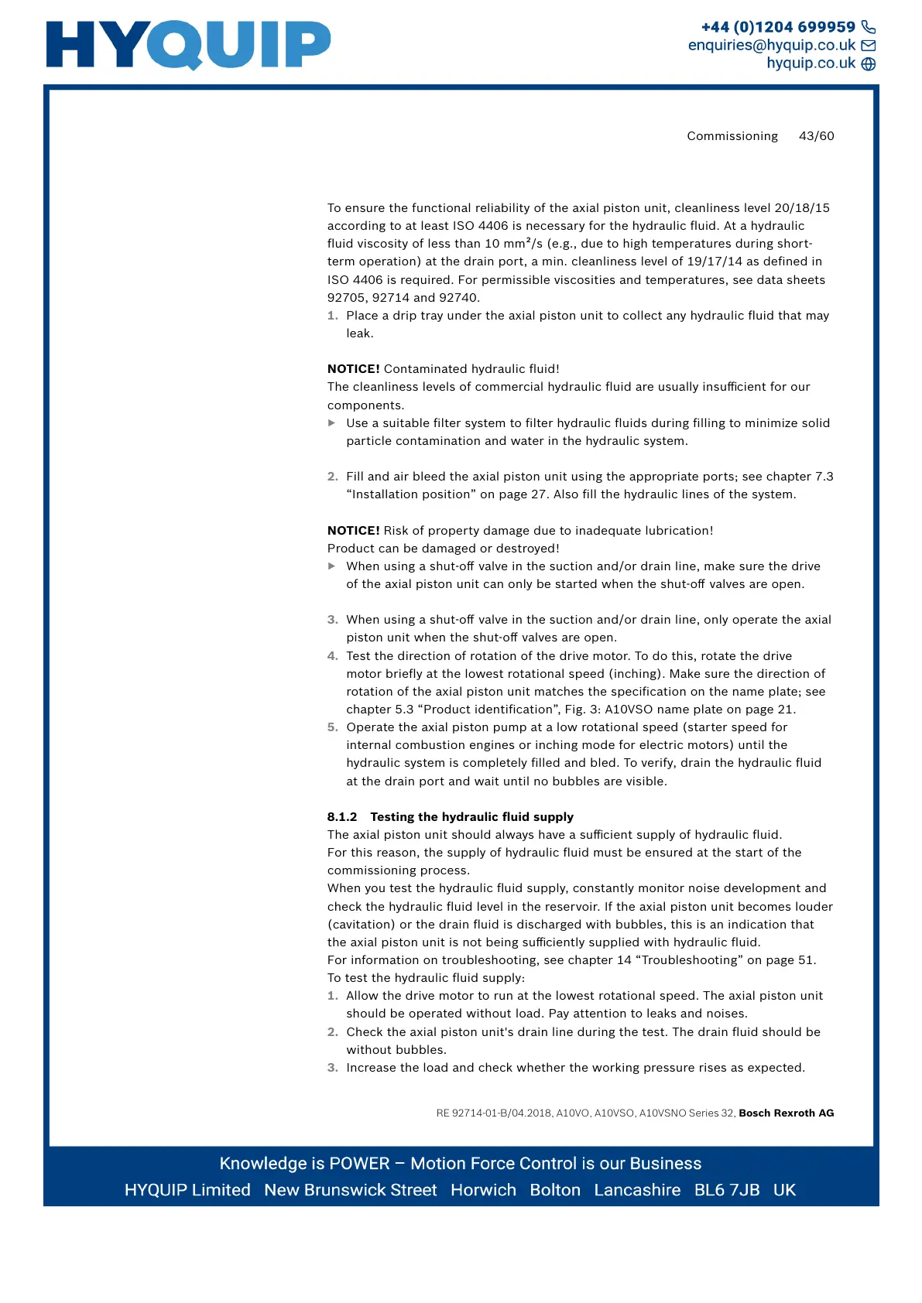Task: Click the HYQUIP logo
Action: [x=188, y=45]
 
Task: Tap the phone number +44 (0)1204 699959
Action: [x=778, y=27]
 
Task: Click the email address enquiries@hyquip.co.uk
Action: [x=772, y=46]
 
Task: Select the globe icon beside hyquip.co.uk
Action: [x=869, y=64]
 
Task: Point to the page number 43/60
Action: [x=816, y=136]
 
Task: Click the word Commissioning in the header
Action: [x=732, y=136]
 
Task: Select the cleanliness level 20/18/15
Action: [x=802, y=208]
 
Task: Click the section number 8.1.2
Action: [x=342, y=817]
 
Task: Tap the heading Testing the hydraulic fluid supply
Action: [x=471, y=817]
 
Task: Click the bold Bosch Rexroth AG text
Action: [x=786, y=1113]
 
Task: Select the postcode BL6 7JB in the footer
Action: [x=727, y=1190]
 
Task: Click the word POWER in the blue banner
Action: [x=359, y=1164]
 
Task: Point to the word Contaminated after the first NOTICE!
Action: [x=426, y=369]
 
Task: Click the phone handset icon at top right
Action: [x=869, y=27]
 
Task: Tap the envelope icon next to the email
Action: [x=869, y=46]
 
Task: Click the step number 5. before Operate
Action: [x=332, y=727]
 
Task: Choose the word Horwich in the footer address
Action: [x=483, y=1190]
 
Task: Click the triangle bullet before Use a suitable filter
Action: [x=332, y=423]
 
